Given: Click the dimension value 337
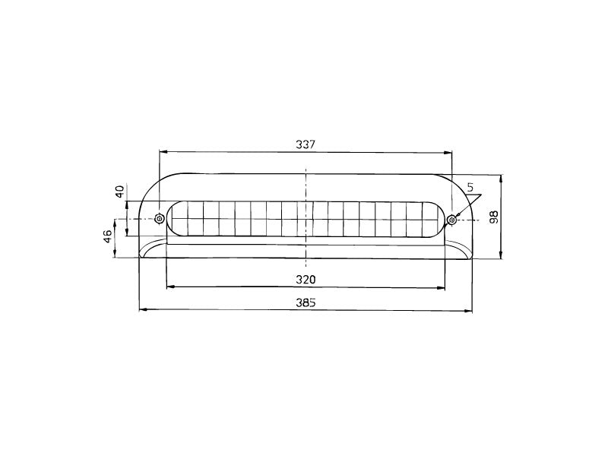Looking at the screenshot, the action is point(306,144).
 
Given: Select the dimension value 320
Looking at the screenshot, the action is point(306,279).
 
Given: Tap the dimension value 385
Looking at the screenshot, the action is point(306,302).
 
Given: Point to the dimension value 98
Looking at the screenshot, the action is point(493,217).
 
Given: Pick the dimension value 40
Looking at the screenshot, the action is point(119,192).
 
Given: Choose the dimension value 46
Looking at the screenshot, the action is point(107,236).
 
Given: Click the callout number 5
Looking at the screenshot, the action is point(470,188).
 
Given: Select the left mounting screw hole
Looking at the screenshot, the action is point(159,219).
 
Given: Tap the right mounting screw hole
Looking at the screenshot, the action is point(451,220).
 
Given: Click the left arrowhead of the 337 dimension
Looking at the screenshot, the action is point(163,152).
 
